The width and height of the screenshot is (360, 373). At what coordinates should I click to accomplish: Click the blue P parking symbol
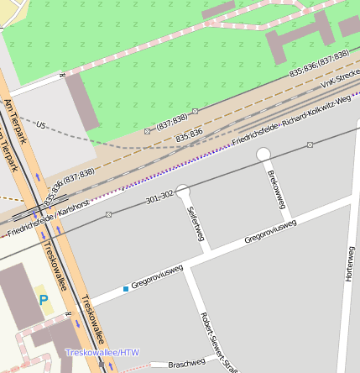(x=43, y=300)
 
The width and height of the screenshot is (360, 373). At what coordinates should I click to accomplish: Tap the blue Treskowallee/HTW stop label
(x=102, y=352)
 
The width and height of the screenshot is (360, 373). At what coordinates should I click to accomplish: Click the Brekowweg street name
(x=276, y=189)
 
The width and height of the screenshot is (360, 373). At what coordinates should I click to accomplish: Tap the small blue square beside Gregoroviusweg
(x=126, y=289)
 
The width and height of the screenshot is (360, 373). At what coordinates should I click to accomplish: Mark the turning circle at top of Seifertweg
(x=183, y=192)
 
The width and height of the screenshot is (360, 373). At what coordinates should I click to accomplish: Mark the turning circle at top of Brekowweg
(x=263, y=153)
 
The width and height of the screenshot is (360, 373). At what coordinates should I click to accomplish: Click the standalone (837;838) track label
(x=171, y=123)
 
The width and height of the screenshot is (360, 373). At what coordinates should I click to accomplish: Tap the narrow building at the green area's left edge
(x=83, y=102)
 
